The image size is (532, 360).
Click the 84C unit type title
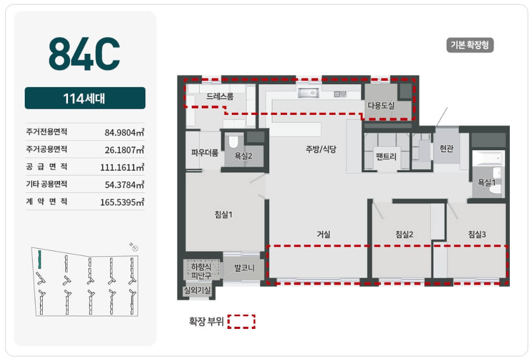coord(84,53)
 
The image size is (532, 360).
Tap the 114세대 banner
coord(85,98)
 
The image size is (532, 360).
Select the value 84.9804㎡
coord(124,132)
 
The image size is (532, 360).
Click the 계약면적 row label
coord(46,201)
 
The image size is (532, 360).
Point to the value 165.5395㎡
coord(122,202)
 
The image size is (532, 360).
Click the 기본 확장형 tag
coord(470,45)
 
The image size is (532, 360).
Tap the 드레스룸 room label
coord(220,96)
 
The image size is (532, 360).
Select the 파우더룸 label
coord(204,153)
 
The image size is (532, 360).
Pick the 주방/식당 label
coord(321,149)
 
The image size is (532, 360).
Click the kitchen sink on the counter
coord(309,93)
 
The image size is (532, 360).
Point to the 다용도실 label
coord(381,105)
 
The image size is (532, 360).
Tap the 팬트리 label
coord(386,157)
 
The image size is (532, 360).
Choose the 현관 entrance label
coord(447,149)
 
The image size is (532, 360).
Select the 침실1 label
coord(223,215)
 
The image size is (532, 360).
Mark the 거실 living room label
coord(323,234)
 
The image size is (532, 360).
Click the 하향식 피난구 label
coord(201,271)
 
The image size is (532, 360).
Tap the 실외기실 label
coord(197,290)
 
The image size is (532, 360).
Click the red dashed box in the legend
coord(241,322)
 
